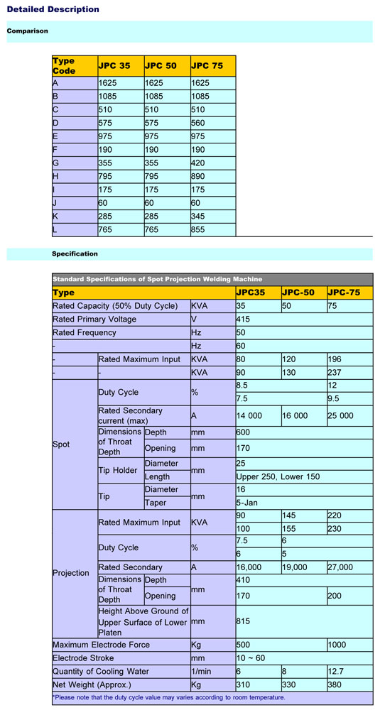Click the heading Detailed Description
tap(53, 9)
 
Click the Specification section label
tap(75, 253)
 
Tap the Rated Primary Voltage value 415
tap(243, 319)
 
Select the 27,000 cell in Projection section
tap(343, 567)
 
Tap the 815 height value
tap(243, 622)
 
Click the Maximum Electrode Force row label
tap(102, 645)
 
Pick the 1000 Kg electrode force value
tap(338, 645)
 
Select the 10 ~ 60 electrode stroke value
tap(251, 658)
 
